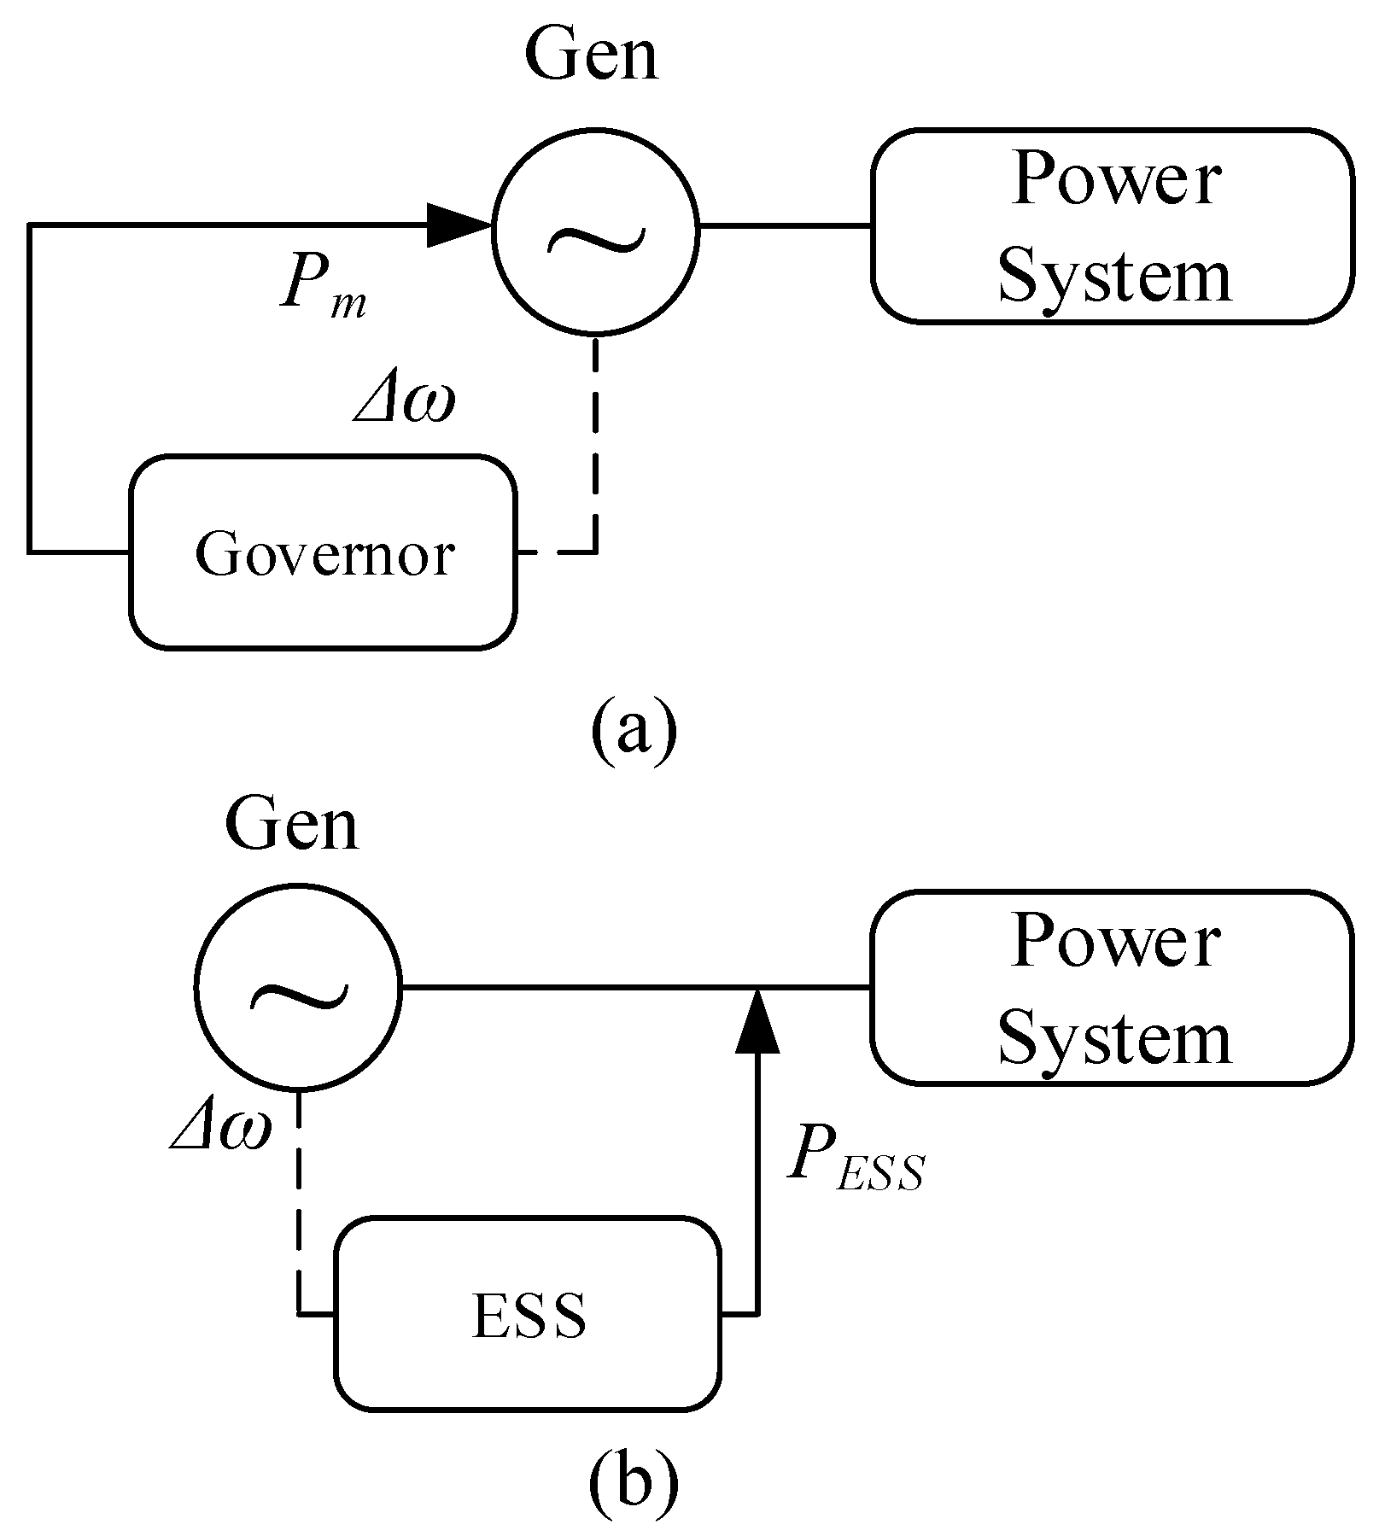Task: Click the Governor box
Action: point(323,552)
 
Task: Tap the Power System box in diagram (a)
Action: point(1113,226)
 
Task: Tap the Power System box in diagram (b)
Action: point(1113,988)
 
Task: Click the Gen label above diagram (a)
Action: point(592,55)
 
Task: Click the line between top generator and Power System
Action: point(784,226)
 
